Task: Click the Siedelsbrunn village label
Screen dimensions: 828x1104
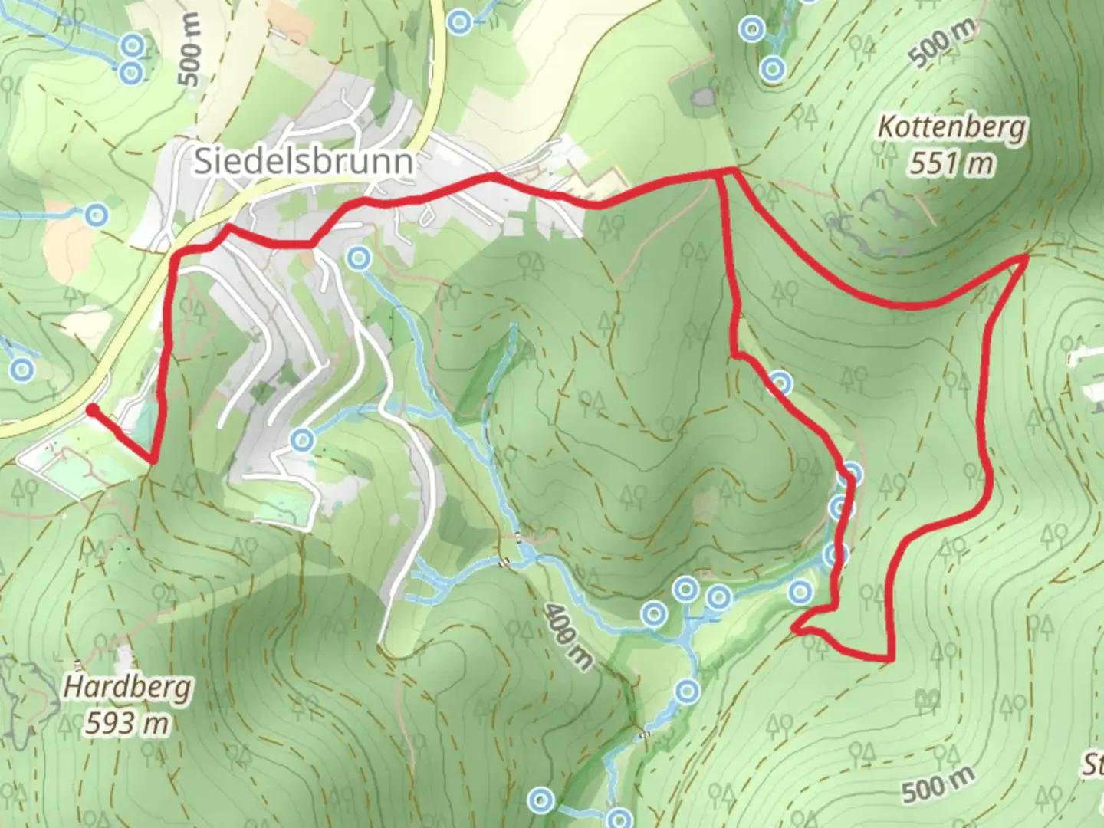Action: coord(304,162)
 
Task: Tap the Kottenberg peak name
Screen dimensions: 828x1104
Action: coord(951,127)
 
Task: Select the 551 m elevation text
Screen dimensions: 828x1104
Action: coord(951,163)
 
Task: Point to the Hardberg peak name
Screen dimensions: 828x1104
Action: coord(127,687)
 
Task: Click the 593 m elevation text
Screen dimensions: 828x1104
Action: coord(127,723)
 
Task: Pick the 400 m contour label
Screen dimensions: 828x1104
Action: coord(568,636)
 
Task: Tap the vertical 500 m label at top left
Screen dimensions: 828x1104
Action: coord(189,49)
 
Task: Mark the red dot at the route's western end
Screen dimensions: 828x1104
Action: coord(91,411)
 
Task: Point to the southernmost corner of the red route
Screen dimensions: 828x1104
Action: coord(891,658)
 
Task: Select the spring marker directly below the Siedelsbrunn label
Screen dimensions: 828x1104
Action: coord(356,258)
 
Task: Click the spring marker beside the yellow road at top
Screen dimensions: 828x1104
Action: coord(459,21)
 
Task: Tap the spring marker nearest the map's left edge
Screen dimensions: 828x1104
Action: coord(22,370)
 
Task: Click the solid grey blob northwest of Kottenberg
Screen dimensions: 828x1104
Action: coord(701,97)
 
